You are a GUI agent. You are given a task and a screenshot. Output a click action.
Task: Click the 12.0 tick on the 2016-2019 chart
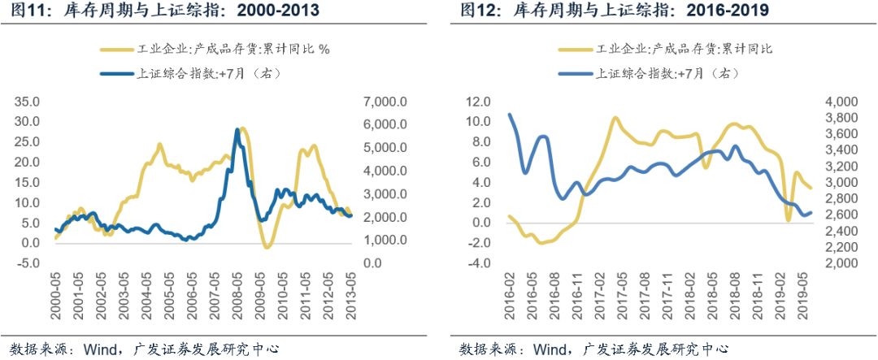pos(480,102)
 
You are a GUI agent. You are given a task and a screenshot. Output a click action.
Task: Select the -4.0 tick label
pos(480,262)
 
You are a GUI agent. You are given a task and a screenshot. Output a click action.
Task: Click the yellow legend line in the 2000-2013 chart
pos(118,49)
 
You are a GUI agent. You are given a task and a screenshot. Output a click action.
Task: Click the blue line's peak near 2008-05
pos(237,130)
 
